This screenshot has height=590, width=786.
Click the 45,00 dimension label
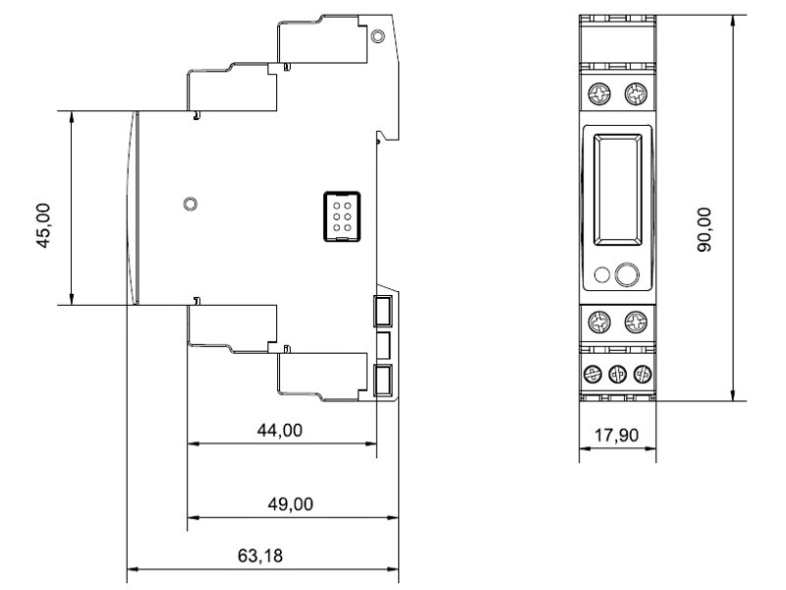pyautogui.click(x=43, y=225)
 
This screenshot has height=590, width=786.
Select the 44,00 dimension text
pyautogui.click(x=280, y=430)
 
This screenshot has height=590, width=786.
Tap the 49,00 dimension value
pyautogui.click(x=290, y=503)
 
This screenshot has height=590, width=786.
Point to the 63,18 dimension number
pyautogui.click(x=260, y=556)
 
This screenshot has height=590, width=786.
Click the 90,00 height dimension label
pyautogui.click(x=704, y=229)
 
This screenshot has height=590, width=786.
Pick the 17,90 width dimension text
pyautogui.click(x=617, y=435)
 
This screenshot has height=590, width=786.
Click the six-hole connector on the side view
pyautogui.click(x=342, y=216)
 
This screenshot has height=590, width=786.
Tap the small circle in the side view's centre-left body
pyautogui.click(x=190, y=205)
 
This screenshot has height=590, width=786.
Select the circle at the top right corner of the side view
pyautogui.click(x=377, y=36)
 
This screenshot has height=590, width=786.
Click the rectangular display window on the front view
pyautogui.click(x=618, y=190)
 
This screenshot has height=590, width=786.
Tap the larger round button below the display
pyautogui.click(x=627, y=275)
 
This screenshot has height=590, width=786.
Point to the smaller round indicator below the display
pyautogui.click(x=601, y=275)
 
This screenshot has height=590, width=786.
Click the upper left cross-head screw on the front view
pyautogui.click(x=599, y=93)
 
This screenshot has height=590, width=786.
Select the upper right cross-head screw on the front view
pyautogui.click(x=636, y=93)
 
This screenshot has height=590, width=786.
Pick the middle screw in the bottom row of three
pyautogui.click(x=618, y=374)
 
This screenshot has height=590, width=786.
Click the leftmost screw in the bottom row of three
pyautogui.click(x=593, y=374)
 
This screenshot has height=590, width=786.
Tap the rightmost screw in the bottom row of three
pyautogui.click(x=643, y=374)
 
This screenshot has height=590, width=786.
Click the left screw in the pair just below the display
pyautogui.click(x=599, y=322)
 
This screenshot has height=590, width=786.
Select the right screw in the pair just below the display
pyautogui.click(x=636, y=322)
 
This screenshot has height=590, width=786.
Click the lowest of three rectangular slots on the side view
pyautogui.click(x=383, y=381)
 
